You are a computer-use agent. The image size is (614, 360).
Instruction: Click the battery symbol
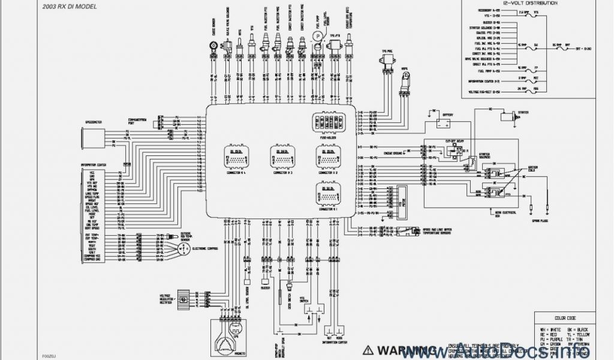point(444,124)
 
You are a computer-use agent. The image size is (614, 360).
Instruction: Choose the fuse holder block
point(328,124)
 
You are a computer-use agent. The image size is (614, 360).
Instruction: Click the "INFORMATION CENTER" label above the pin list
point(93,165)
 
